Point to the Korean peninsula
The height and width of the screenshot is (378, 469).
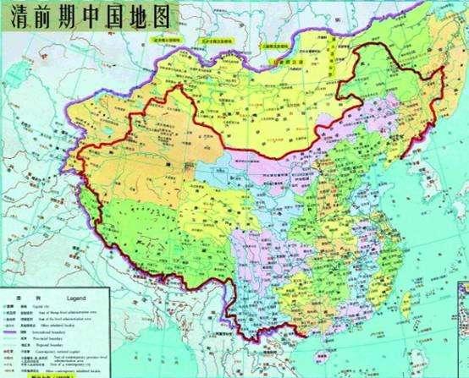coord(423,182)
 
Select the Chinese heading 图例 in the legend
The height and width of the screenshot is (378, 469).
coord(12,299)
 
